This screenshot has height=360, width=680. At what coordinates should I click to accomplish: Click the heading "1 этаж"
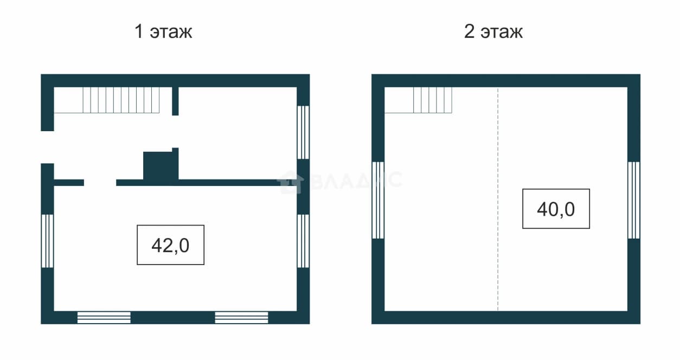pyautogui.click(x=163, y=31)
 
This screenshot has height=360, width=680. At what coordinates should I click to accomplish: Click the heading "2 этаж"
pyautogui.click(x=493, y=31)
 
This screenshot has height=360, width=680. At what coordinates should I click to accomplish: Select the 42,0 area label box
pyautogui.click(x=171, y=245)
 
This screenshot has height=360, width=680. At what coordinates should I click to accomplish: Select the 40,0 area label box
pyautogui.click(x=556, y=209)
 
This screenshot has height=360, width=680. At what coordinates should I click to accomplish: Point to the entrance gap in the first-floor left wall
pyautogui.click(x=47, y=147)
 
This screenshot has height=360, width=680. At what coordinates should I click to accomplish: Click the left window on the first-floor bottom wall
pyautogui.click(x=104, y=318)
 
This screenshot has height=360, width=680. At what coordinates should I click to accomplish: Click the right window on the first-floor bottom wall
pyautogui.click(x=242, y=318)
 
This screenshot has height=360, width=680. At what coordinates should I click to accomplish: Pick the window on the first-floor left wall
pyautogui.click(x=47, y=241)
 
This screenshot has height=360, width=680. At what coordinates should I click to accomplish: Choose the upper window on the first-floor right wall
pyautogui.click(x=303, y=132)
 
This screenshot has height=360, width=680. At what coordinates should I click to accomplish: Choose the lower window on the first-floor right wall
pyautogui.click(x=303, y=241)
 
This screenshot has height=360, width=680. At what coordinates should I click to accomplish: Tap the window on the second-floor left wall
pyautogui.click(x=378, y=201)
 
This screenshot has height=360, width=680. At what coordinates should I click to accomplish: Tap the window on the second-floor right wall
pyautogui.click(x=634, y=201)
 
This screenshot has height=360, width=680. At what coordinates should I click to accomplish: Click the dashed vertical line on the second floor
pyautogui.click(x=498, y=199)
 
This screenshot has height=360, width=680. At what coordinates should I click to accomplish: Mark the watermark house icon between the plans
pyautogui.click(x=290, y=182)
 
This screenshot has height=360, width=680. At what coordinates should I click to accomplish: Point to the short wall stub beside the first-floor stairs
pyautogui.click(x=175, y=101)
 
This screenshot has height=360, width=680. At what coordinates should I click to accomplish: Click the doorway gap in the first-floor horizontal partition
pyautogui.click(x=100, y=182)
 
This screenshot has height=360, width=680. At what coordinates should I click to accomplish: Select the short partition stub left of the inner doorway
pyautogui.click(x=69, y=182)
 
